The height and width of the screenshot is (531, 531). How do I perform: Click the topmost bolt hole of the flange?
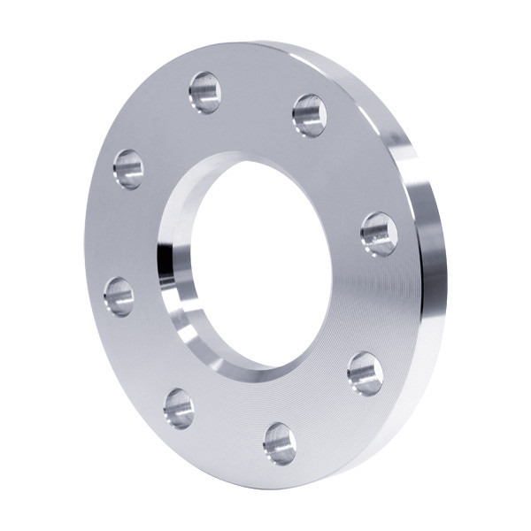[204, 92]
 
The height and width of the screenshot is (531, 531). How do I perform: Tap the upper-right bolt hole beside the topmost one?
[310, 115]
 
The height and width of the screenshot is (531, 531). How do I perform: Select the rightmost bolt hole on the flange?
[379, 234]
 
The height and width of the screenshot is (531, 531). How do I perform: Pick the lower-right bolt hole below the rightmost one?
[365, 373]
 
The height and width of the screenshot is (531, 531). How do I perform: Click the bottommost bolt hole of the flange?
[280, 442]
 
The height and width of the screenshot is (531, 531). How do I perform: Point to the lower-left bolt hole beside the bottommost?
[179, 408]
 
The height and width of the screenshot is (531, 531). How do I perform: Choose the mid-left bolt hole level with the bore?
[119, 296]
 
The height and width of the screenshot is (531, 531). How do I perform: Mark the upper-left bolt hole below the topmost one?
[128, 168]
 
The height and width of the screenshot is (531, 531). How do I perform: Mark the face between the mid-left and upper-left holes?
[119, 232]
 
